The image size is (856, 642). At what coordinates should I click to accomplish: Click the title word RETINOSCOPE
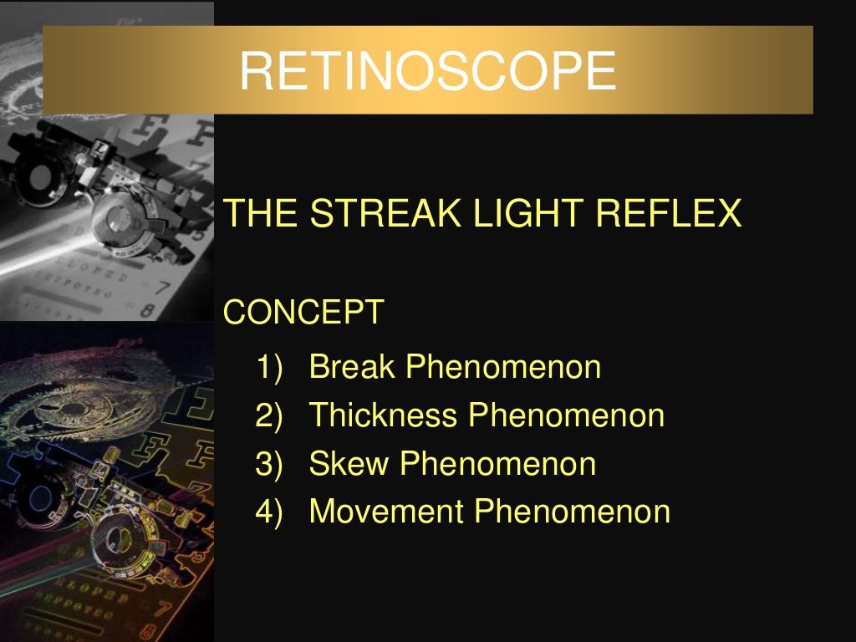point(427,71)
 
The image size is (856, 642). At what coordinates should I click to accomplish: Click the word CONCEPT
point(304,313)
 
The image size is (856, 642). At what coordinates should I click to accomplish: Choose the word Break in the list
point(352,367)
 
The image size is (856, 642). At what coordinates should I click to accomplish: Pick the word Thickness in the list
point(384,415)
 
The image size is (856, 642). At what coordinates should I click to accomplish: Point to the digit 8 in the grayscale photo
point(148,311)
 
